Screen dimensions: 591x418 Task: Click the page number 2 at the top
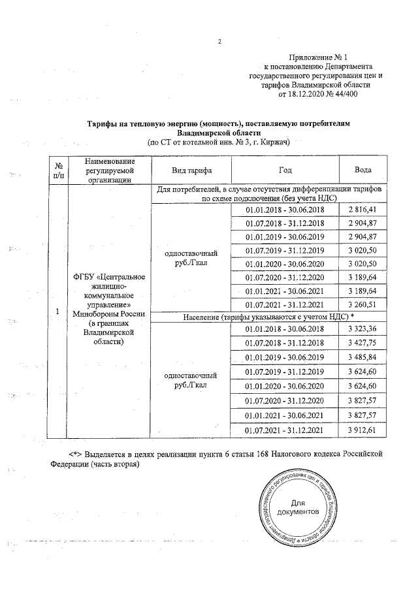coord(220,43)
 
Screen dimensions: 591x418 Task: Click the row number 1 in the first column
coord(58,311)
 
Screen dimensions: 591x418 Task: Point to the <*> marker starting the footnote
coord(79,453)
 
